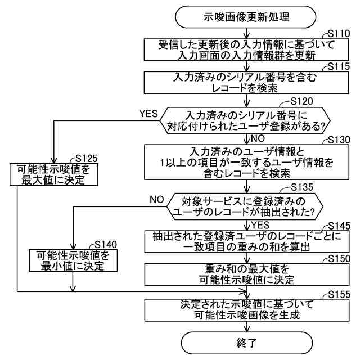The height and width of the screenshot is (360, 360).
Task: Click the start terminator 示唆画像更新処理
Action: [246, 17]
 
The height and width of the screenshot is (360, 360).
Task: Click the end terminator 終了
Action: [246, 341]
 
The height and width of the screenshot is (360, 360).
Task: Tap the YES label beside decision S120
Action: [148, 114]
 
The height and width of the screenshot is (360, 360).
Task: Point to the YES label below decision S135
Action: [260, 224]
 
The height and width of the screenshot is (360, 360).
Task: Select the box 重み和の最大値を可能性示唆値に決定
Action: [246, 274]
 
